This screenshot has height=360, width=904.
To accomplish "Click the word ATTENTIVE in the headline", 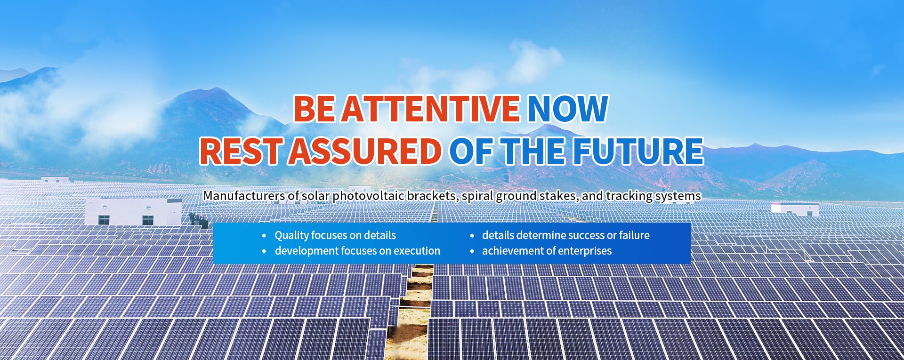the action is [430, 109].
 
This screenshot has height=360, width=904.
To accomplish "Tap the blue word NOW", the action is [567, 109].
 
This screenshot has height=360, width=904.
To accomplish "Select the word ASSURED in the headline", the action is [365, 151].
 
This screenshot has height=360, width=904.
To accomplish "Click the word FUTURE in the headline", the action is [638, 151].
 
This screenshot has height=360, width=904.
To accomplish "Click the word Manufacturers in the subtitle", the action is [244, 196].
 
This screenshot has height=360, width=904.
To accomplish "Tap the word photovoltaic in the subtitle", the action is [368, 196].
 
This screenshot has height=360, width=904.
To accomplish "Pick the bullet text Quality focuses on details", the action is [335, 235].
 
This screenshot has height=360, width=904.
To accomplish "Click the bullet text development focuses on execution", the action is [357, 251].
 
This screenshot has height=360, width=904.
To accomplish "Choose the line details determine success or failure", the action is [565, 235].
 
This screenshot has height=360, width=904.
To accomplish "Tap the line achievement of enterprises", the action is [547, 251].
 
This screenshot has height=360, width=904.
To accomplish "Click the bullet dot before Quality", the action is [264, 236].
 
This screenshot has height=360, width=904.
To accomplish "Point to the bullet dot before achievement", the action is [472, 252].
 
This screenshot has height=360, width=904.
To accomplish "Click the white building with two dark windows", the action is [133, 211].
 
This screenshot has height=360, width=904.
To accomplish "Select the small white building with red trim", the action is [795, 209].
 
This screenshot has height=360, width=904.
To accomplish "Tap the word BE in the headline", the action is [315, 109].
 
